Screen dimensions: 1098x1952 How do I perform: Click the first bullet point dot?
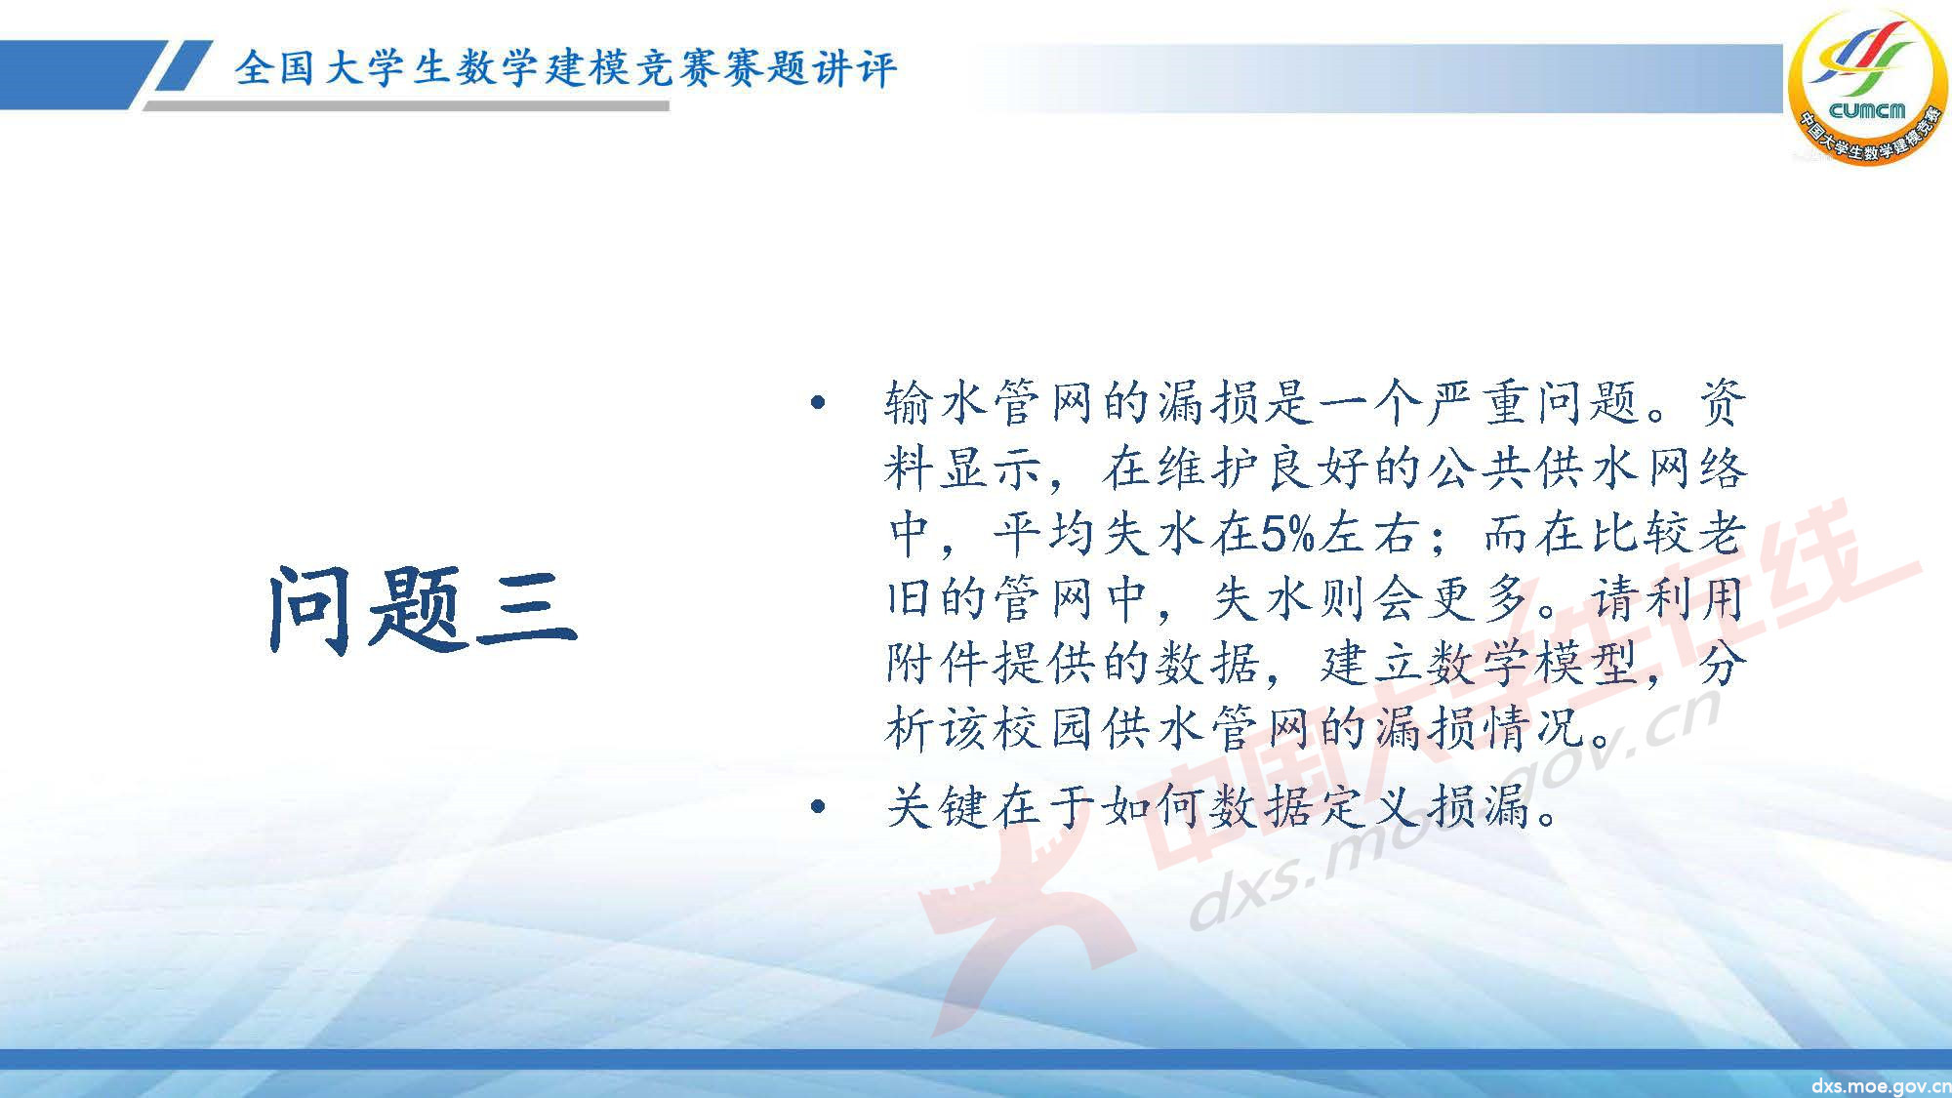pyautogui.click(x=818, y=402)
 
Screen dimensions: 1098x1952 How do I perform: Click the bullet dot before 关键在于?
pyautogui.click(x=818, y=807)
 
